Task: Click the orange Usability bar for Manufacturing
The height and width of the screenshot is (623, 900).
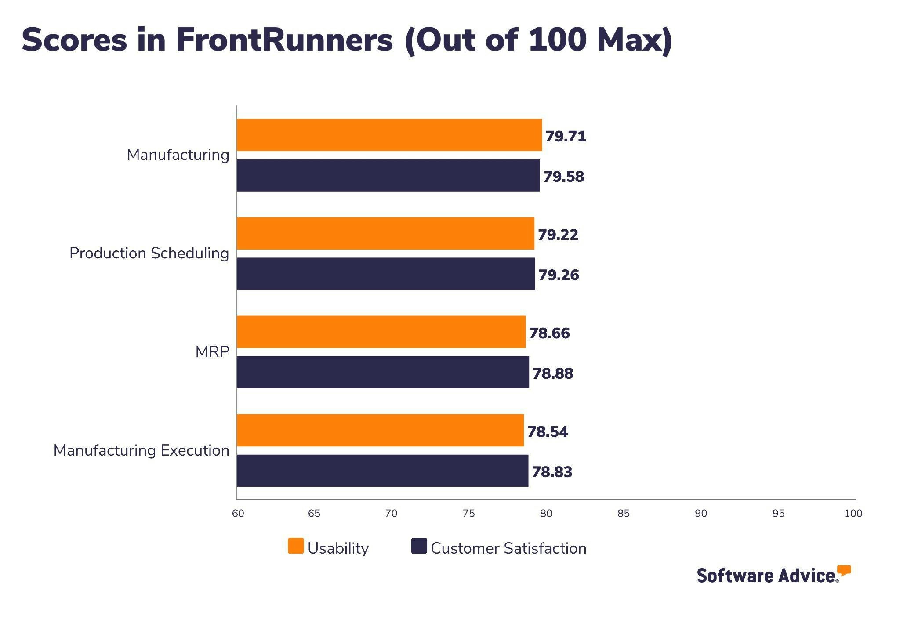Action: [389, 135]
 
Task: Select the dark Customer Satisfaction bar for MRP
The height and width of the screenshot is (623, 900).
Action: [382, 372]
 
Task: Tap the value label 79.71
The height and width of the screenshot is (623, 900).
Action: [566, 136]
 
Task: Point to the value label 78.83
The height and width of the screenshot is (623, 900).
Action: [552, 472]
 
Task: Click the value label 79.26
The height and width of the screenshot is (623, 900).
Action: [559, 275]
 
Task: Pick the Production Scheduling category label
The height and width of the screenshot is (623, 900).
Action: [149, 254]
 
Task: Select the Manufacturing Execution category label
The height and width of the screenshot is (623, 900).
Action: [141, 450]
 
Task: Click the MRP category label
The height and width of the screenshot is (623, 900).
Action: [212, 352]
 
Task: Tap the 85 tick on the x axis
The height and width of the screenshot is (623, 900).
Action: [623, 513]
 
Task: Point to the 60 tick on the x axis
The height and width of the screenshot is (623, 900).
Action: [238, 513]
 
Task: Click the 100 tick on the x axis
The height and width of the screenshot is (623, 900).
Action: [853, 513]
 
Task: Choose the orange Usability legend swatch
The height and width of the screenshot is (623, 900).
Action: [296, 546]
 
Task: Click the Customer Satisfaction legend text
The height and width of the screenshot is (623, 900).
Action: [508, 548]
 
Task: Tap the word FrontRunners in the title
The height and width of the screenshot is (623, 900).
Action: [284, 40]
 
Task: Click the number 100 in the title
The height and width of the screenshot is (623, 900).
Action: [557, 40]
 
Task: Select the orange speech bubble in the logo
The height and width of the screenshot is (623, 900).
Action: [844, 570]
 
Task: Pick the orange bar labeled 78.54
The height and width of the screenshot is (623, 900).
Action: [380, 430]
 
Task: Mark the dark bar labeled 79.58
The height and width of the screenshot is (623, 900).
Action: [388, 175]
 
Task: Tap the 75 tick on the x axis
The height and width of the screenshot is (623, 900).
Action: [468, 513]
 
